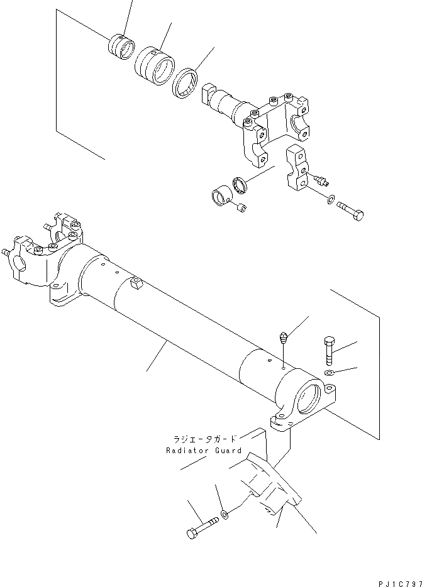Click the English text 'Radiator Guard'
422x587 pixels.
click(x=204, y=451)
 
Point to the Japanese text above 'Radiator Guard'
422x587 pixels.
click(x=205, y=439)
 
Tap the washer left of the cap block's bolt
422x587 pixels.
click(x=330, y=201)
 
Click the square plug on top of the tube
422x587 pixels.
click(x=135, y=285)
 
